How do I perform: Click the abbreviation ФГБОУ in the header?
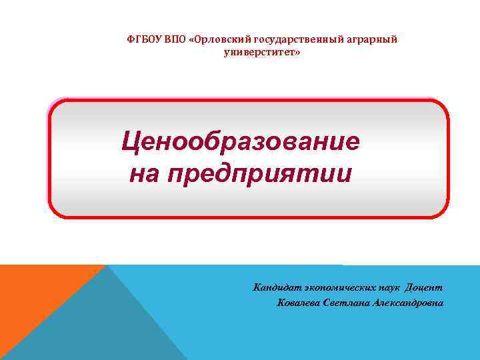click(x=142, y=39)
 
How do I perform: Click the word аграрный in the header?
click(x=372, y=39)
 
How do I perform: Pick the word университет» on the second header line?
click(x=262, y=51)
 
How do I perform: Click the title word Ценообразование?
click(x=240, y=141)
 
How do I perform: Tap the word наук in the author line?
click(x=394, y=288)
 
